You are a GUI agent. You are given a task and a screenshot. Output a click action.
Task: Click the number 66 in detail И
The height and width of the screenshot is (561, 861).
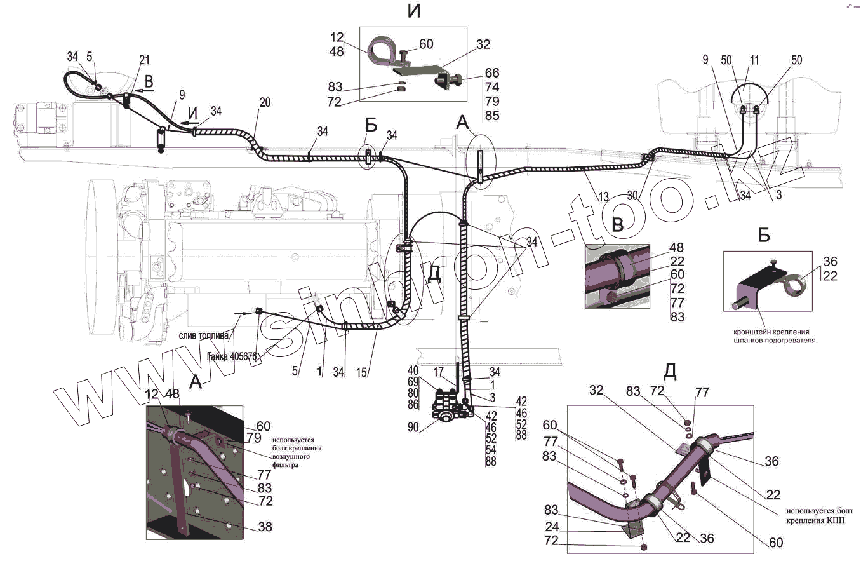pos(491,73)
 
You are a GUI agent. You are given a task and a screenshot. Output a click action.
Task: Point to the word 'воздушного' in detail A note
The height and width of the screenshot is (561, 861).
pos(297,456)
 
